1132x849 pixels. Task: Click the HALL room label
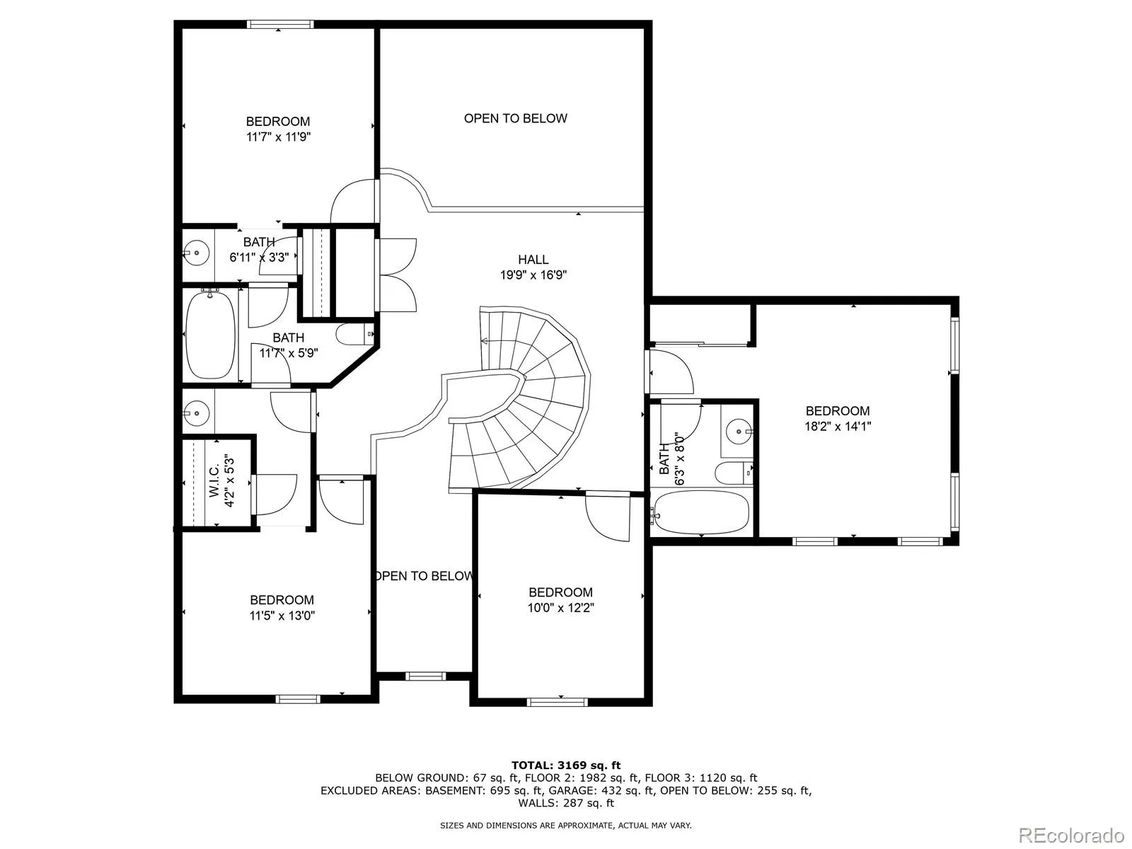pos(533,259)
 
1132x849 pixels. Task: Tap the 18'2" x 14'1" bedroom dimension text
pos(838,427)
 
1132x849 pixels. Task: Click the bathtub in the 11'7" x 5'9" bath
pos(210,335)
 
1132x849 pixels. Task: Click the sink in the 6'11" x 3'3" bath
pos(197,253)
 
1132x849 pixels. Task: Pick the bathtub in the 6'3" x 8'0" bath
pos(700,512)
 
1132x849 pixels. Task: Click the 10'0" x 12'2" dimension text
pos(560,608)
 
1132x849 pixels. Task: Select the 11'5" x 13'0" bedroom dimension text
pos(282,616)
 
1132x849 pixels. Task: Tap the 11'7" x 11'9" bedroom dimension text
pos(279,137)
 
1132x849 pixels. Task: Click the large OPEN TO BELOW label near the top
pos(516,119)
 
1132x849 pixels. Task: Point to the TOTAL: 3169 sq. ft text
pos(566,765)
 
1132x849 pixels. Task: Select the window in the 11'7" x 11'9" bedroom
pos(280,24)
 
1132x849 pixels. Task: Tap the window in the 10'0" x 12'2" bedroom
pos(557,702)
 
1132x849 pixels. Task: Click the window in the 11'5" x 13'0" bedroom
pos(298,699)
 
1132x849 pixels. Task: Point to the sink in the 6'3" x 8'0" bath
pos(739,431)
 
